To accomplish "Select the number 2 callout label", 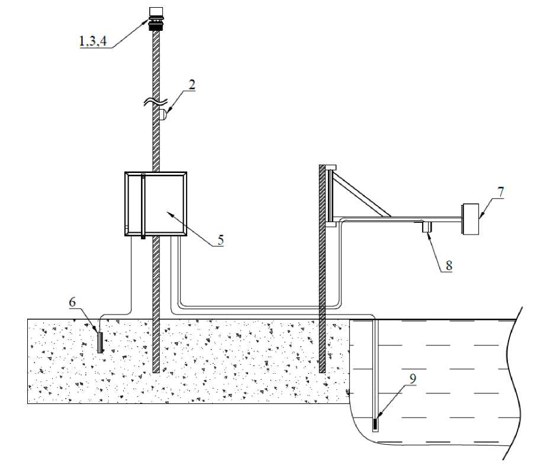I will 191,85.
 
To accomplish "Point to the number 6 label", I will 72,302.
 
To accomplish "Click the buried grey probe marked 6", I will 100,343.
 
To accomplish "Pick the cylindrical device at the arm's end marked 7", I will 471,220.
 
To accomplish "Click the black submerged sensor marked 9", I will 375,424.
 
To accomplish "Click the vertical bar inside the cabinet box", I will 143,206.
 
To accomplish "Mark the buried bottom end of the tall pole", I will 156,368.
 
